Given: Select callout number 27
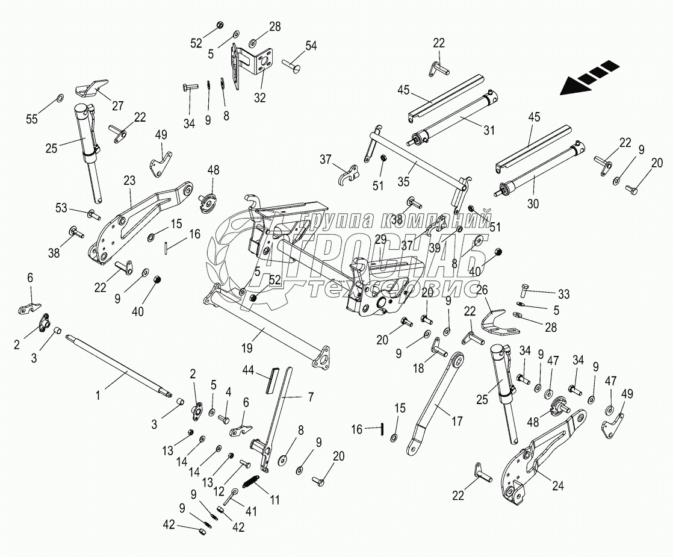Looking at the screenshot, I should point(117,106).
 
